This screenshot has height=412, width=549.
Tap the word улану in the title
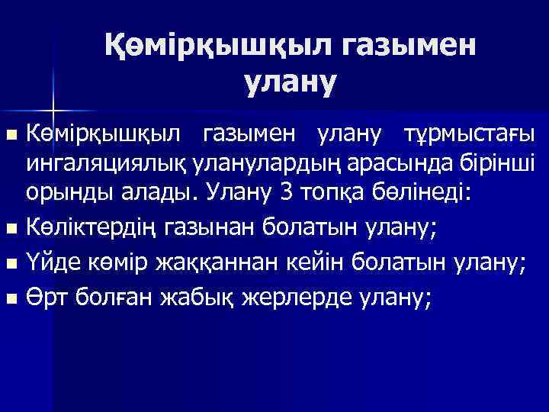(290, 82)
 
